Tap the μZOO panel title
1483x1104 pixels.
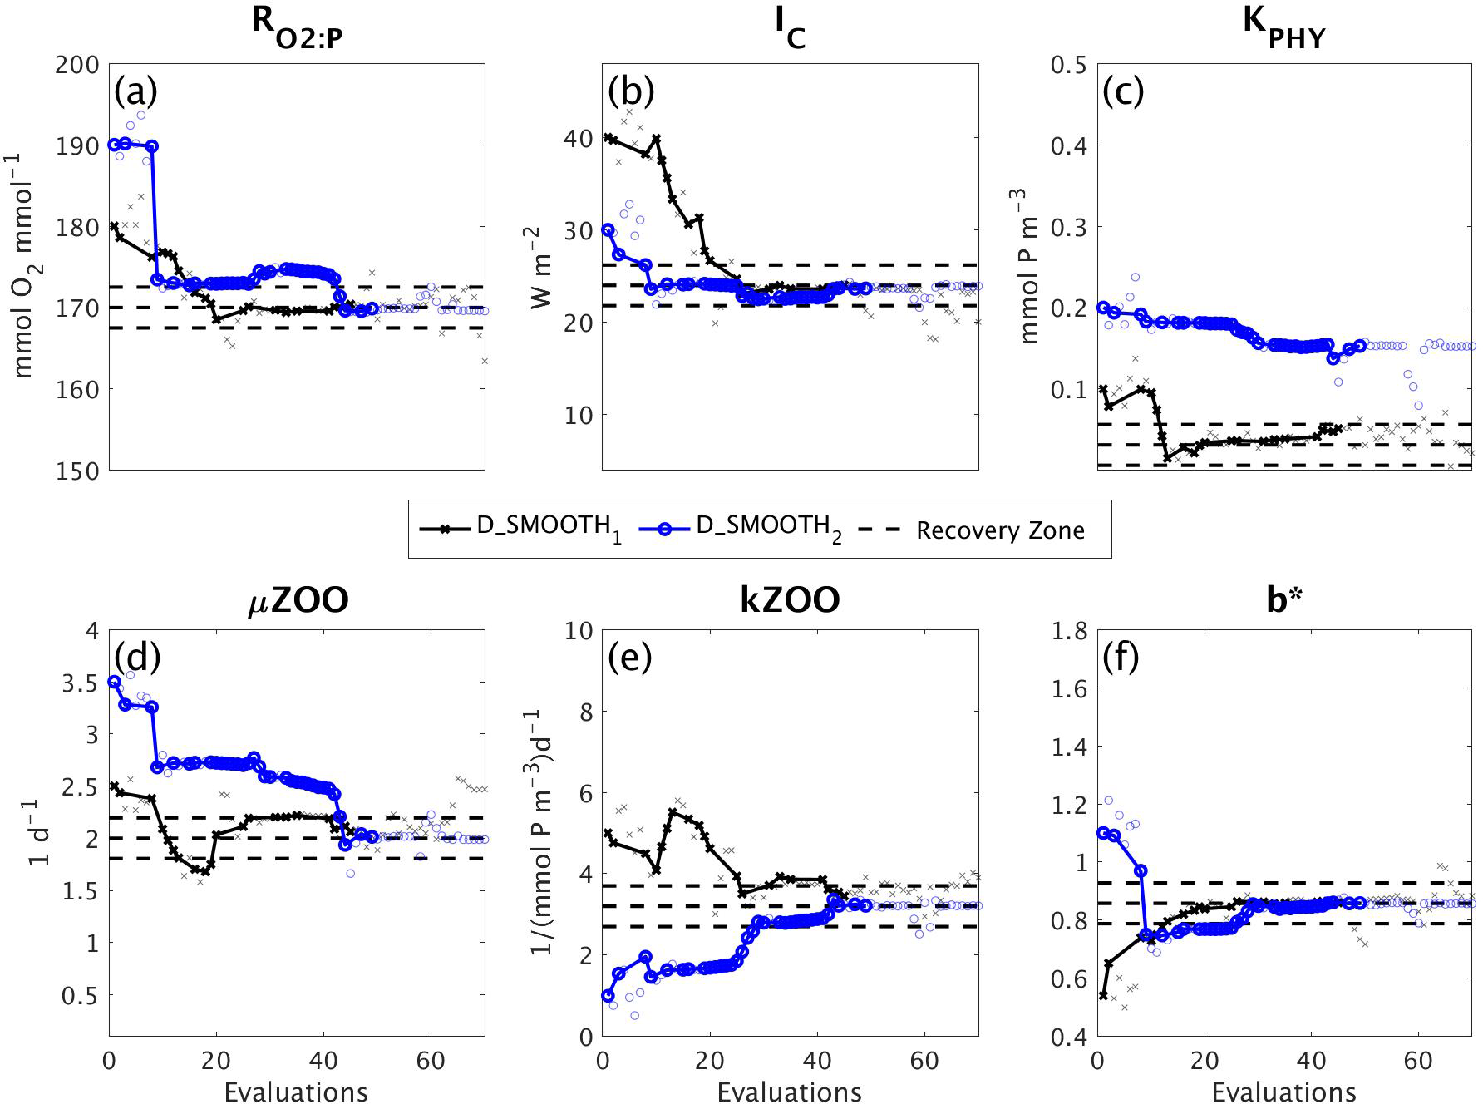(x=297, y=600)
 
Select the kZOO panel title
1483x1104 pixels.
(x=790, y=600)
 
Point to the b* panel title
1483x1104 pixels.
(x=1283, y=600)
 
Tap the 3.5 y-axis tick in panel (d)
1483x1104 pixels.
(x=80, y=683)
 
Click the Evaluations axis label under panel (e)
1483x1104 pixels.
(x=790, y=1091)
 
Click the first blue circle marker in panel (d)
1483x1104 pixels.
(x=115, y=682)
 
